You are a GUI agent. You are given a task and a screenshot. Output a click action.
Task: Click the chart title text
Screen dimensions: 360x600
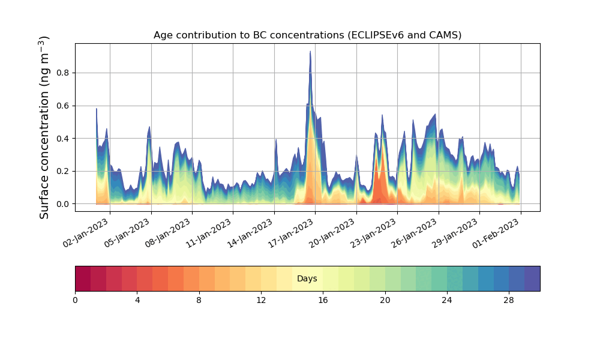pos(307,35)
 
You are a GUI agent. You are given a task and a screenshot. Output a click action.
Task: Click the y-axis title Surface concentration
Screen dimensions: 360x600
pos(44,127)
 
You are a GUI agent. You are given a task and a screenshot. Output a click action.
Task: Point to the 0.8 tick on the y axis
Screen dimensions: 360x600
pos(63,73)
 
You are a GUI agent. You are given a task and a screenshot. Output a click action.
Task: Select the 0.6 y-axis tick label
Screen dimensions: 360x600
pos(63,106)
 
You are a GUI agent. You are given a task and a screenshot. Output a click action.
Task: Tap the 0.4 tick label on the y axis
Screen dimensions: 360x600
pos(63,139)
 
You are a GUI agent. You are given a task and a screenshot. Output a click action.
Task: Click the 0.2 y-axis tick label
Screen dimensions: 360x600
pos(63,171)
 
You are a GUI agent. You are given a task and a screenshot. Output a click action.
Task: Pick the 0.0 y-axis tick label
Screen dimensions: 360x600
pos(63,204)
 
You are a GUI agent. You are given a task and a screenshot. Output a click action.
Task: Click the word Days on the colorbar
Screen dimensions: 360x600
pos(307,279)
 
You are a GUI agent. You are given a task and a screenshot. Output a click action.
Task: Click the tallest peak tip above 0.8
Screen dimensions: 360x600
pos(310,52)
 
